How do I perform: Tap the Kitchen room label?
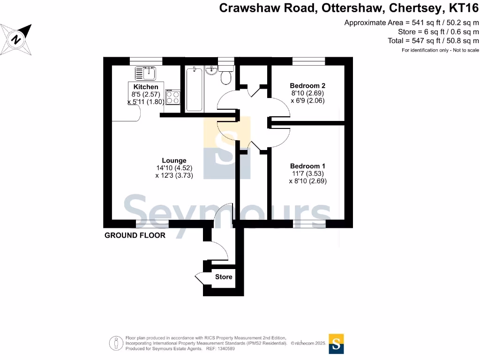(146, 87)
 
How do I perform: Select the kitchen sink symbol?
(145, 73)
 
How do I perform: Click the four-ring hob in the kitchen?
(172, 97)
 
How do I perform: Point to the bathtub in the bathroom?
(194, 89)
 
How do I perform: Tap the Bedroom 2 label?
(307, 86)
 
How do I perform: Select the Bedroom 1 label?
(307, 166)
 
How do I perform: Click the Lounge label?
(174, 160)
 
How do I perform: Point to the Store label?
(224, 277)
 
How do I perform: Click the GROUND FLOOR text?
(135, 235)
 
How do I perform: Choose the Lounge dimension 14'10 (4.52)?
(174, 168)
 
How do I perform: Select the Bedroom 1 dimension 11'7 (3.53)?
(307, 173)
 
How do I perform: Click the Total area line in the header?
(434, 41)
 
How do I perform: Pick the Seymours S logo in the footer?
(336, 343)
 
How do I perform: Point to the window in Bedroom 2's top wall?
(308, 61)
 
